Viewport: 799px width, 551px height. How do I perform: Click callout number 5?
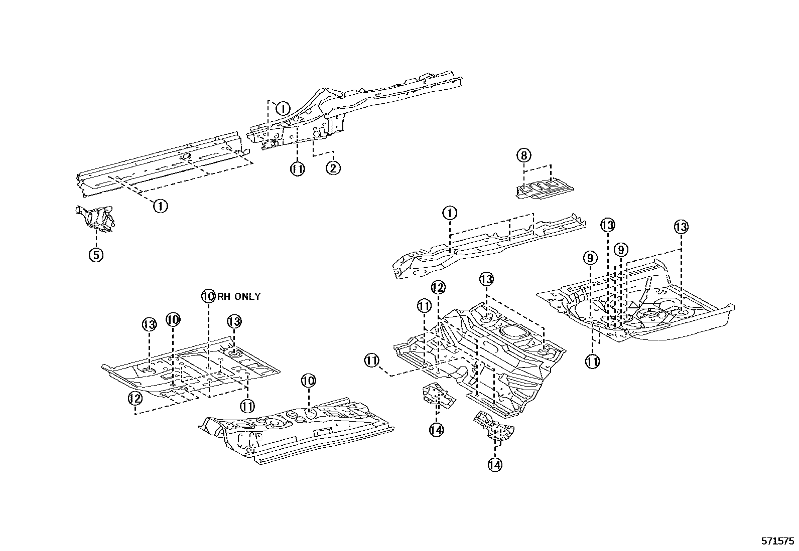click(96, 255)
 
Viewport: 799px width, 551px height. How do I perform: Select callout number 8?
click(523, 155)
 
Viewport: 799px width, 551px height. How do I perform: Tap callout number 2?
click(333, 168)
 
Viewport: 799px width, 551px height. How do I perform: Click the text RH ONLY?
click(239, 296)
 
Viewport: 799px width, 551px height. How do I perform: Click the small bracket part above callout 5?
click(95, 219)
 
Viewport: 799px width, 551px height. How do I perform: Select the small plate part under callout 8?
click(544, 190)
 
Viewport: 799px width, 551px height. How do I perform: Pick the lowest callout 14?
click(494, 465)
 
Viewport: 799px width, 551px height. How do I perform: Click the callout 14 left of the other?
click(436, 429)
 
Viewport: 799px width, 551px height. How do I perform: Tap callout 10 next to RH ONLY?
click(208, 296)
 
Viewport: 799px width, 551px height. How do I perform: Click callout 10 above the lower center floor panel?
click(308, 381)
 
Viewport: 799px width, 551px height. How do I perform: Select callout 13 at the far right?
click(681, 227)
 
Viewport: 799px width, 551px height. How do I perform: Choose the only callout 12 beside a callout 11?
click(438, 288)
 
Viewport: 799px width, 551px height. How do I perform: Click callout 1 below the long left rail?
click(160, 206)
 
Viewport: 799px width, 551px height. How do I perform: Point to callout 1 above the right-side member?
click(450, 213)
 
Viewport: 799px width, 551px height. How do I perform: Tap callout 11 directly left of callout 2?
click(297, 169)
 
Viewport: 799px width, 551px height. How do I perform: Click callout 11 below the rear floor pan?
click(593, 361)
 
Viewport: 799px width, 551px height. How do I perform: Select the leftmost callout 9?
click(590, 258)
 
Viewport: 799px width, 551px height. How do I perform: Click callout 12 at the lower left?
click(135, 398)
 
